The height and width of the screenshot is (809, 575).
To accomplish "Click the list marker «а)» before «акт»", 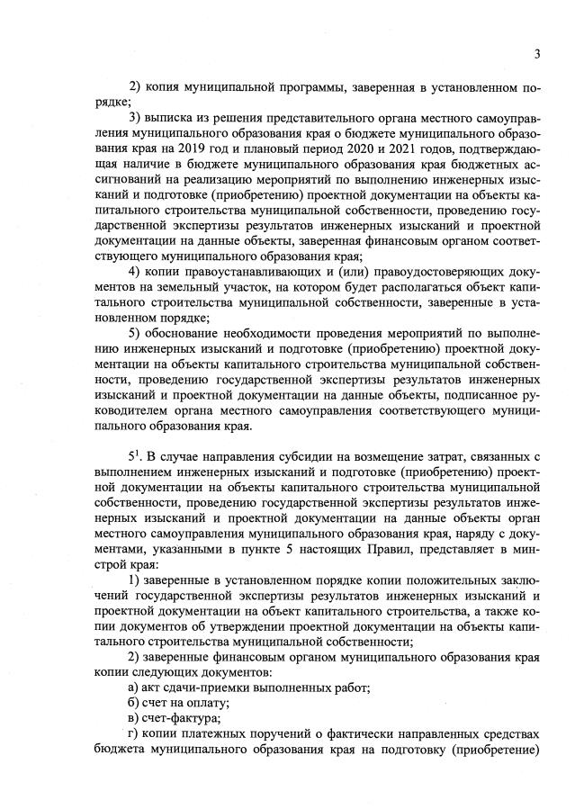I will [135, 689].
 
